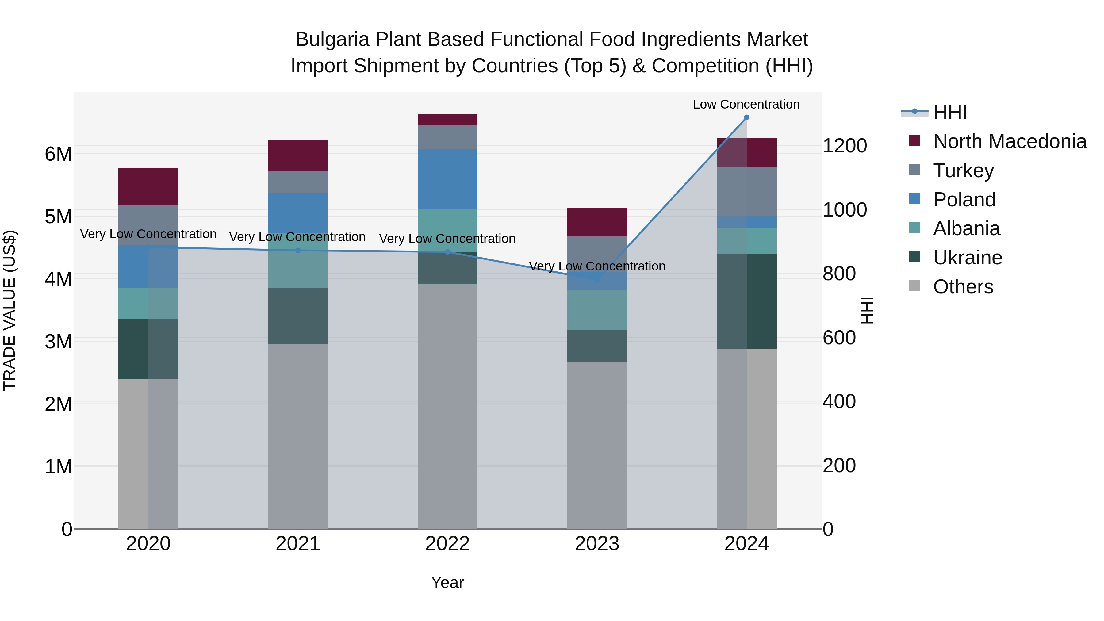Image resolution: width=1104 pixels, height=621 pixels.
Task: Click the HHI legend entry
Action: (x=950, y=112)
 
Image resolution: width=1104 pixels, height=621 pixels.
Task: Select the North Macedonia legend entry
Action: (x=1009, y=141)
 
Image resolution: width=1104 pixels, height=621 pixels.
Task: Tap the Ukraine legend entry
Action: (x=967, y=258)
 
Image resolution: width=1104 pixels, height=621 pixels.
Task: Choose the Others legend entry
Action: (x=963, y=287)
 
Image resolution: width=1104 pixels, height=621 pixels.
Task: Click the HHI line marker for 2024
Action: (x=746, y=117)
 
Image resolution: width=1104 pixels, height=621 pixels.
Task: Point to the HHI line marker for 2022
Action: (x=447, y=252)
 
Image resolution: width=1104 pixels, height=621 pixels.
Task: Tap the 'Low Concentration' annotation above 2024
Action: (x=746, y=104)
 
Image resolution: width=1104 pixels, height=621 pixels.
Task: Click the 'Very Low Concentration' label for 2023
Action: (x=597, y=266)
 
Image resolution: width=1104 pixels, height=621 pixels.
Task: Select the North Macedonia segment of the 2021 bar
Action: (x=298, y=155)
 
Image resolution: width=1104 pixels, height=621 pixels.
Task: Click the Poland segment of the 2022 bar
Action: (x=447, y=179)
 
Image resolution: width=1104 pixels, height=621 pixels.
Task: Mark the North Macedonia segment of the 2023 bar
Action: (x=597, y=222)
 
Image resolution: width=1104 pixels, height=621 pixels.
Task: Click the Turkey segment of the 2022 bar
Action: (x=447, y=137)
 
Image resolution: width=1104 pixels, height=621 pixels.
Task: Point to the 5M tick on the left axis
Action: (x=59, y=217)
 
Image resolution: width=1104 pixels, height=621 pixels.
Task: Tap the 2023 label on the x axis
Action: (x=597, y=544)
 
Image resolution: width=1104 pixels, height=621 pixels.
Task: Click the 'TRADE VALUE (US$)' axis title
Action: (x=10, y=310)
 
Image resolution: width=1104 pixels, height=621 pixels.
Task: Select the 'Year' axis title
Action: (x=447, y=582)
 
